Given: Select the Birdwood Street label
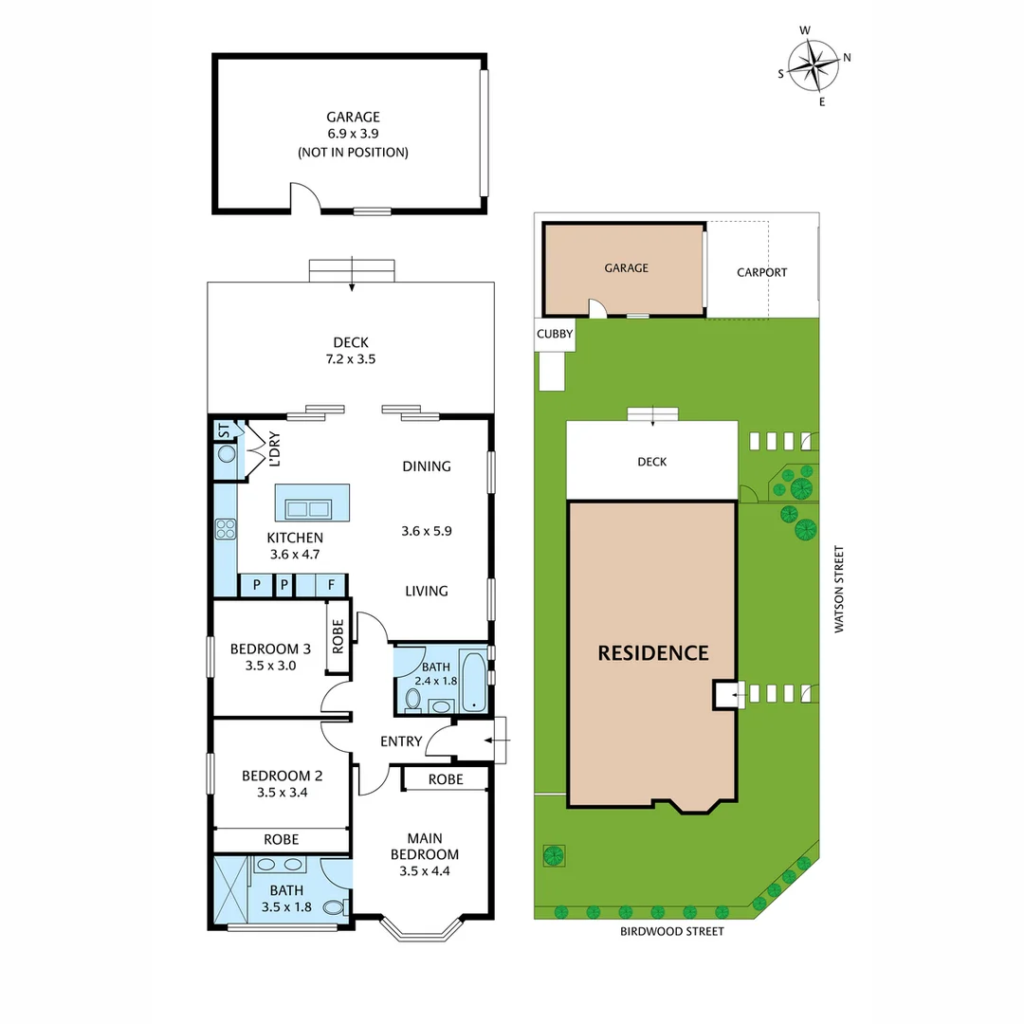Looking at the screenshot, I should [x=671, y=931].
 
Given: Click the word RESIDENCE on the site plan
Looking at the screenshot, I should [x=652, y=652].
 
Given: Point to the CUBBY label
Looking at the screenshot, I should [x=555, y=334].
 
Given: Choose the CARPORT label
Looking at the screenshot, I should [x=761, y=272].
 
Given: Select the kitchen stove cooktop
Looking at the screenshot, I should [x=226, y=529].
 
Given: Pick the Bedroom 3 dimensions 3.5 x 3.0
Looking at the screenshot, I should [x=270, y=666].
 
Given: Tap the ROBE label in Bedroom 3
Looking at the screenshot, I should [x=338, y=637].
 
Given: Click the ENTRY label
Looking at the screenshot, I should [x=400, y=741].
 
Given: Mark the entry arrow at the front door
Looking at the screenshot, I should [x=497, y=740].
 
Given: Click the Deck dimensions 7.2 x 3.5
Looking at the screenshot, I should [x=350, y=359].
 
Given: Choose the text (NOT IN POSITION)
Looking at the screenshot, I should [x=353, y=152].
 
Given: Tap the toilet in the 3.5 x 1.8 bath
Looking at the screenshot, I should [x=332, y=907].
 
